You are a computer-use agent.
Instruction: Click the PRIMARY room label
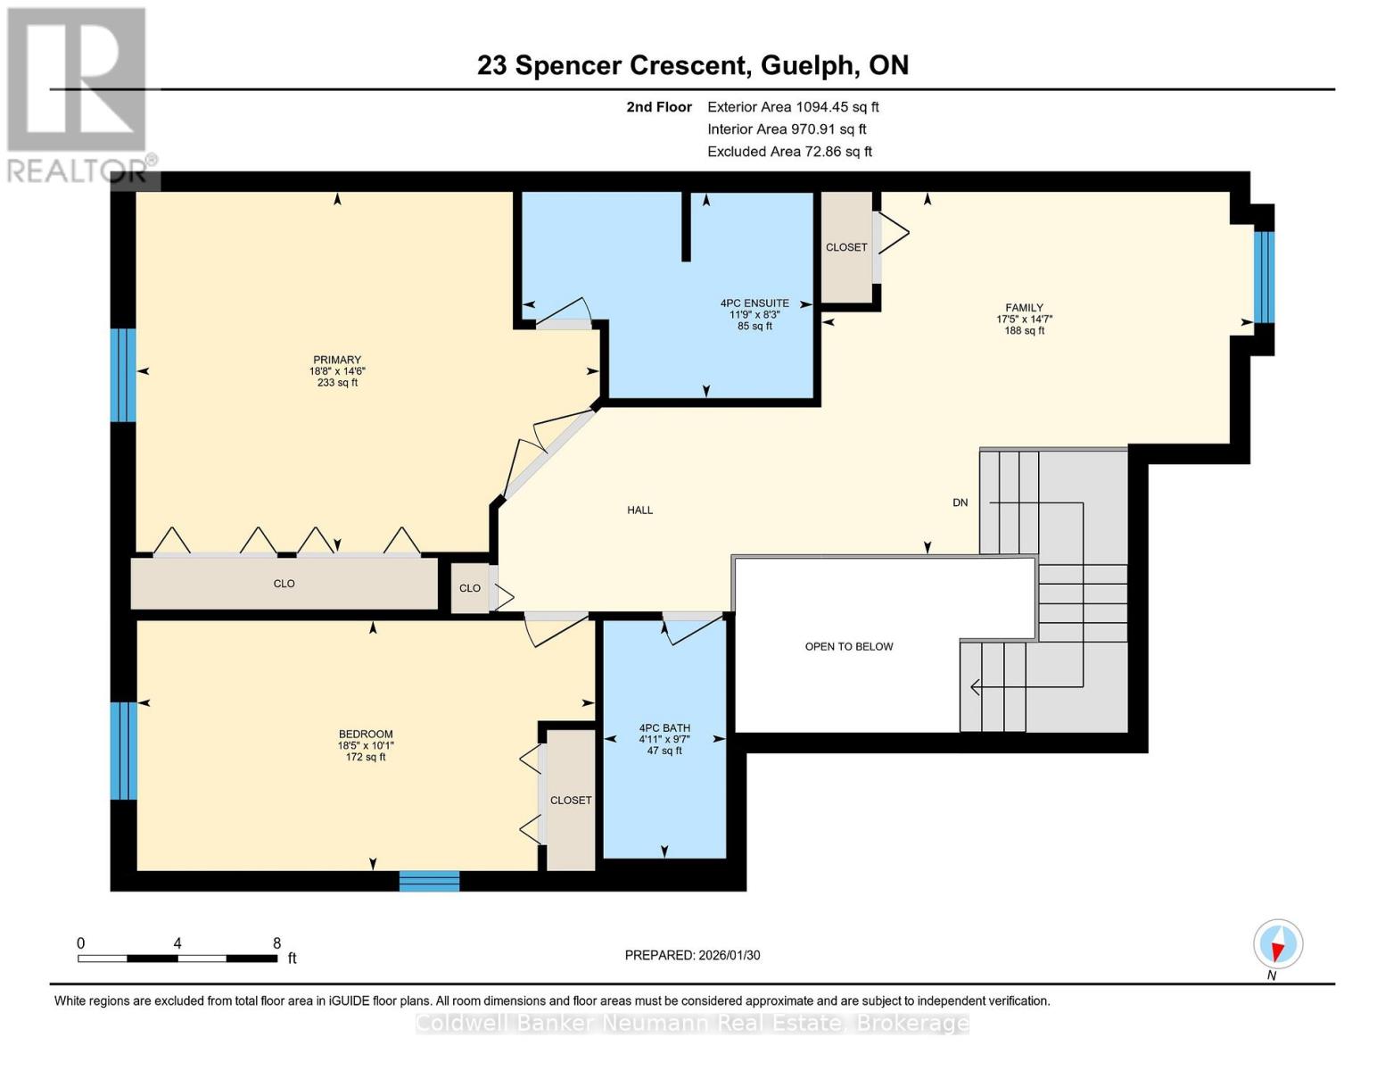click(x=337, y=361)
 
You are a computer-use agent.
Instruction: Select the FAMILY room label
click(x=1024, y=308)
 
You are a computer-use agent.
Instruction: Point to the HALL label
click(x=639, y=511)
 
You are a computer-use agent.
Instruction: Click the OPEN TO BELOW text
click(x=848, y=647)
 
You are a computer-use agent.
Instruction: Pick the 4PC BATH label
click(x=664, y=728)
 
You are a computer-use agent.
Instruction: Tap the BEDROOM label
click(x=366, y=735)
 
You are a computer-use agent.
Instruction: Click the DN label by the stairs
click(x=960, y=503)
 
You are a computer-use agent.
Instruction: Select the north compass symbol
click(x=1278, y=944)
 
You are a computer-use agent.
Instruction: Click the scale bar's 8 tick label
click(x=276, y=943)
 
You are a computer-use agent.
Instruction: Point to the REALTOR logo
click(x=78, y=94)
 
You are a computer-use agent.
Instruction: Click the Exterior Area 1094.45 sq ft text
click(x=793, y=107)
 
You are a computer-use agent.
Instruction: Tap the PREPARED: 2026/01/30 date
click(x=692, y=956)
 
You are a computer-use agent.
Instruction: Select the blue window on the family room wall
click(x=1264, y=277)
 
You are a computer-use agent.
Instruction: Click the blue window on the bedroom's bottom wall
click(x=429, y=881)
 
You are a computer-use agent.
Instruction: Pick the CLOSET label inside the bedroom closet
click(x=571, y=801)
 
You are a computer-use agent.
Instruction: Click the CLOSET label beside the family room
click(x=846, y=247)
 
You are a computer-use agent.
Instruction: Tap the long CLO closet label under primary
click(x=284, y=584)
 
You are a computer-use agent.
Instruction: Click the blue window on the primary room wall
click(x=123, y=375)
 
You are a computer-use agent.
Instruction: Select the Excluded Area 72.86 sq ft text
click(x=789, y=152)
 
